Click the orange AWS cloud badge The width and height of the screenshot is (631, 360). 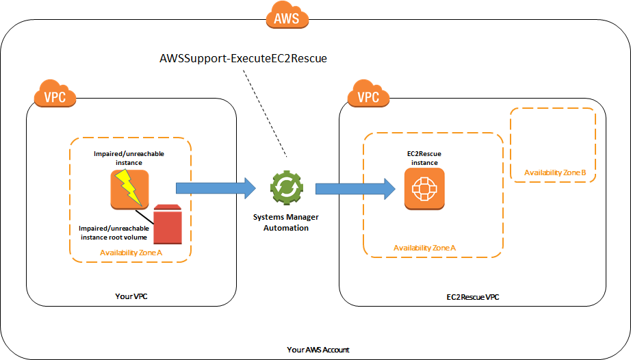click(287, 15)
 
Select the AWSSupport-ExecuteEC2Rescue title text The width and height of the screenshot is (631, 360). click(243, 58)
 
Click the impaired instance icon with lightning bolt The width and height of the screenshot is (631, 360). click(129, 189)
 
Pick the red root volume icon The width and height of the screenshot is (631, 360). click(168, 224)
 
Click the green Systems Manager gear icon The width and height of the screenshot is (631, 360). click(287, 188)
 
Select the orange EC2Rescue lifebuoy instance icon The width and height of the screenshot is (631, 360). click(424, 189)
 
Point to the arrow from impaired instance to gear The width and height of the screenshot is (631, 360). click(216, 188)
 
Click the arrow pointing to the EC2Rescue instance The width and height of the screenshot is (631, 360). click(355, 189)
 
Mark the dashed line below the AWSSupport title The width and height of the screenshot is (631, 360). click(265, 114)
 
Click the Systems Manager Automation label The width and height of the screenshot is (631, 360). click(285, 222)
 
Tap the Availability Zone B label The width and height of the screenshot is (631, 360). click(555, 172)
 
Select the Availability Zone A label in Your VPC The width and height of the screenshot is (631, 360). click(131, 253)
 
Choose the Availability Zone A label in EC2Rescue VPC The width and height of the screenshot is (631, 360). click(424, 248)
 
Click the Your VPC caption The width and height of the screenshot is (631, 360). click(131, 296)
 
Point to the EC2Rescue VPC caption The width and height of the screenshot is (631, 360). click(473, 297)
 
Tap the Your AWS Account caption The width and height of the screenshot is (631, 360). click(318, 350)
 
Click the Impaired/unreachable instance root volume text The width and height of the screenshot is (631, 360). click(114, 233)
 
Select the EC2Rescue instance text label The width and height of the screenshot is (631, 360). click(424, 158)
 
